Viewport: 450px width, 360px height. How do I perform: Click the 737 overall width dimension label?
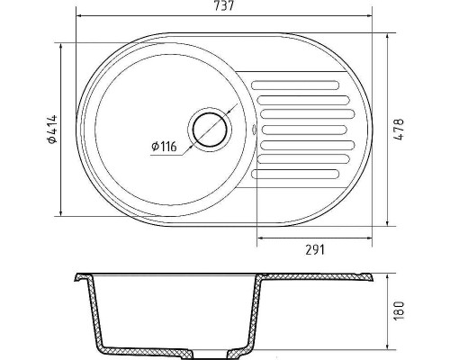(224, 6)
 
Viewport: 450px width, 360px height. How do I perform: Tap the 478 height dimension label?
(400, 130)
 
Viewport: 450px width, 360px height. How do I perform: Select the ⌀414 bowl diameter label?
(52, 129)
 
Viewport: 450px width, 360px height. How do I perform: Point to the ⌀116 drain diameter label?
(164, 147)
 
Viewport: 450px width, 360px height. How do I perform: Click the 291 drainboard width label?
(315, 249)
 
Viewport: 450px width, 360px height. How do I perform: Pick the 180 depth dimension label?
(400, 311)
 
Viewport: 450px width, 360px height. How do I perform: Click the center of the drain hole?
(210, 130)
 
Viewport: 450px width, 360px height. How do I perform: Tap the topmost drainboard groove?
(295, 85)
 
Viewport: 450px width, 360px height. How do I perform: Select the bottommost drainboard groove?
(295, 174)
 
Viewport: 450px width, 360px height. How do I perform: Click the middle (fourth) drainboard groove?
(304, 130)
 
